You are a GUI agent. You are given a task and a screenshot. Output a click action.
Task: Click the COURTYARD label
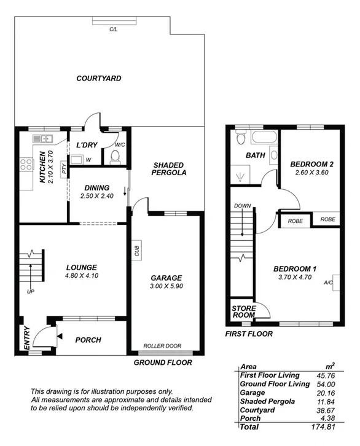[x=98, y=79]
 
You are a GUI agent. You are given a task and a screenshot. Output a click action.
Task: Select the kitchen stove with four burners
[x=26, y=165]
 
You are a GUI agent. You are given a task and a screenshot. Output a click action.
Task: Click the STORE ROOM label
[x=243, y=312]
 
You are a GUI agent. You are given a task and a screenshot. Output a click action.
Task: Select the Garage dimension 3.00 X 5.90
[x=166, y=286]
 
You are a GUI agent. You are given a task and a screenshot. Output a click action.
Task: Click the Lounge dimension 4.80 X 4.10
[x=82, y=276]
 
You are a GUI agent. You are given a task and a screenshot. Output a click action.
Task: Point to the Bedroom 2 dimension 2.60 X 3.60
[x=311, y=174]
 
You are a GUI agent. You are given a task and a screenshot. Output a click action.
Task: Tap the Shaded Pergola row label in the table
[x=265, y=401]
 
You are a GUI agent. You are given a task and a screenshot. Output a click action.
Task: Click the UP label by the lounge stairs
[x=30, y=291]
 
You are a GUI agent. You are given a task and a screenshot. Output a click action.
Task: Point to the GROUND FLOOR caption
[x=163, y=362]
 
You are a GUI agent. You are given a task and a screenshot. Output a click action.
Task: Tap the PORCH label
[x=88, y=340]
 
